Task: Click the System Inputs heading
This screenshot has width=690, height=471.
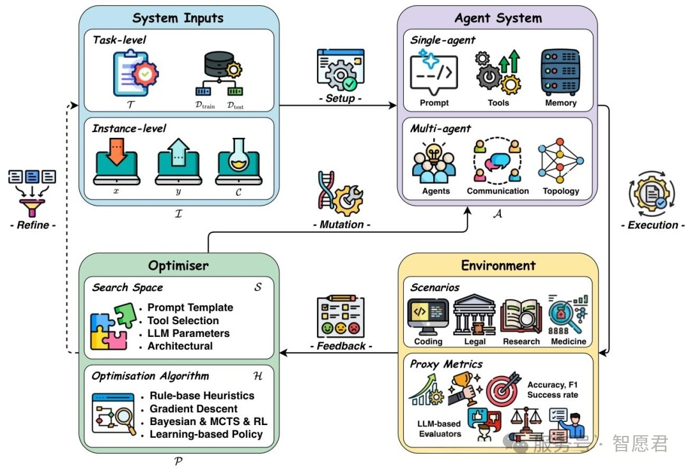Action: (178, 19)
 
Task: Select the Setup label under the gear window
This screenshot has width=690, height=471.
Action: (340, 98)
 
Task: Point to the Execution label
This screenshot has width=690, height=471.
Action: (652, 225)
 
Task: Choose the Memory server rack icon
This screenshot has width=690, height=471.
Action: (560, 72)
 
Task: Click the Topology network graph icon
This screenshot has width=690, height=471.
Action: (560, 161)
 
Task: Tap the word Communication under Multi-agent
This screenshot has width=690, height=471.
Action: (498, 191)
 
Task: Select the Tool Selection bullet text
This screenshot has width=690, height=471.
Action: (183, 320)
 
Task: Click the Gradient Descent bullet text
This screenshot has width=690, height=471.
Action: (194, 408)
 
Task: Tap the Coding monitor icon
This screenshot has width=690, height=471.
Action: (427, 317)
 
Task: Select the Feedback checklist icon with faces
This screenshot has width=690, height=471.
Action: (341, 317)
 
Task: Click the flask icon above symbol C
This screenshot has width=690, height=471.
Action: (238, 161)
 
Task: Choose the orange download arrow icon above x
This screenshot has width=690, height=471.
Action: (117, 161)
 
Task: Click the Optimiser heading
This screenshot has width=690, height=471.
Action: (178, 265)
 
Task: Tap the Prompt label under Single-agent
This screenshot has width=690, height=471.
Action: (434, 103)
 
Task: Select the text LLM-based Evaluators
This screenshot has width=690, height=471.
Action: (439, 429)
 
